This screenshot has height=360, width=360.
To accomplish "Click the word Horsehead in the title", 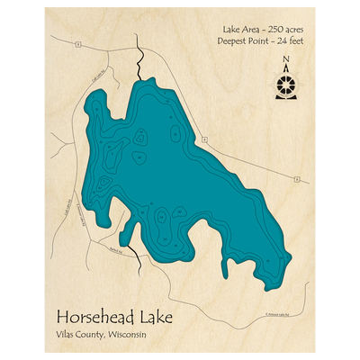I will point(96,318).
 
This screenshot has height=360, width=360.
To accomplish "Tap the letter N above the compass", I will point(286,61).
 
